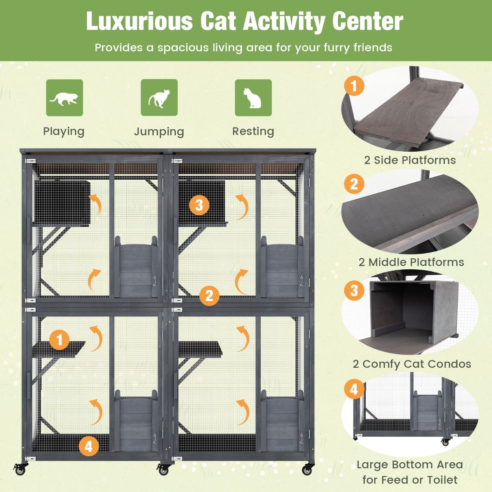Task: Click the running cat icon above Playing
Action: (64, 98)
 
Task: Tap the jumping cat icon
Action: (159, 98)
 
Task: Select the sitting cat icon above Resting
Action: (253, 98)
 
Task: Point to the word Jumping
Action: (159, 132)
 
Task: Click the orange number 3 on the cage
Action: (199, 205)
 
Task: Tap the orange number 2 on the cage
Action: (210, 296)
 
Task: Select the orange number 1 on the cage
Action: (60, 340)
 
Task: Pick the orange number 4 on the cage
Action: (89, 446)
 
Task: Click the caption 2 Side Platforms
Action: (410, 160)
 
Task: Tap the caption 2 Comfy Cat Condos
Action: (412, 364)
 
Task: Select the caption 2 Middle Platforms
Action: (411, 262)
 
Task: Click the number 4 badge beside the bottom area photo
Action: (354, 389)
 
